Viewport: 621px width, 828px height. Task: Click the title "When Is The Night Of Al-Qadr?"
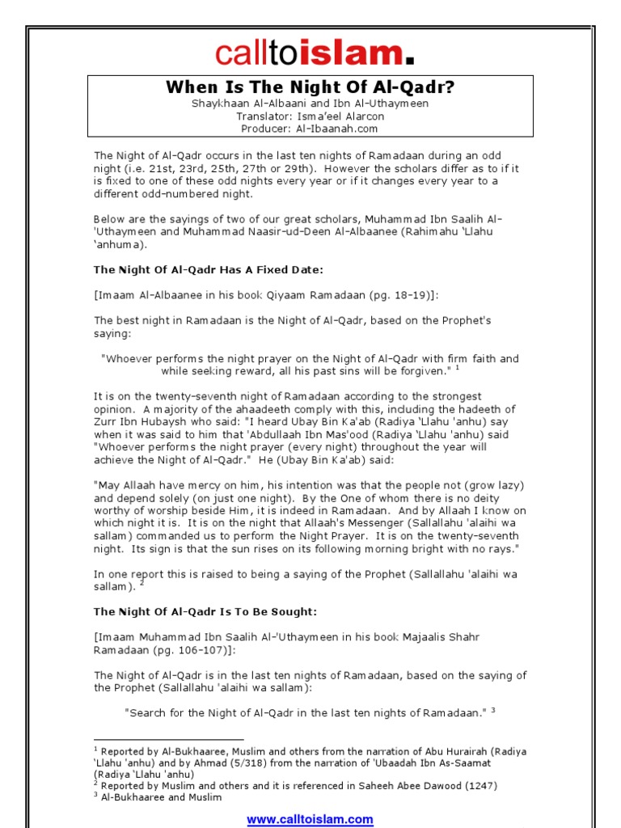[310, 87]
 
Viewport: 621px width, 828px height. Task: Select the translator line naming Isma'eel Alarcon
[310, 116]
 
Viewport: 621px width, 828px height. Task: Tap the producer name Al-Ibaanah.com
[327, 128]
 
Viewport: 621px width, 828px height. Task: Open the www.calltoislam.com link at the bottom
[310, 819]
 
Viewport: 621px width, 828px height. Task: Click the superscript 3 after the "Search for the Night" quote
[492, 710]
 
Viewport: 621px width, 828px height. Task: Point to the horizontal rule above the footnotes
[168, 739]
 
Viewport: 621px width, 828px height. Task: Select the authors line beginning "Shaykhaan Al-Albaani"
[310, 103]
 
